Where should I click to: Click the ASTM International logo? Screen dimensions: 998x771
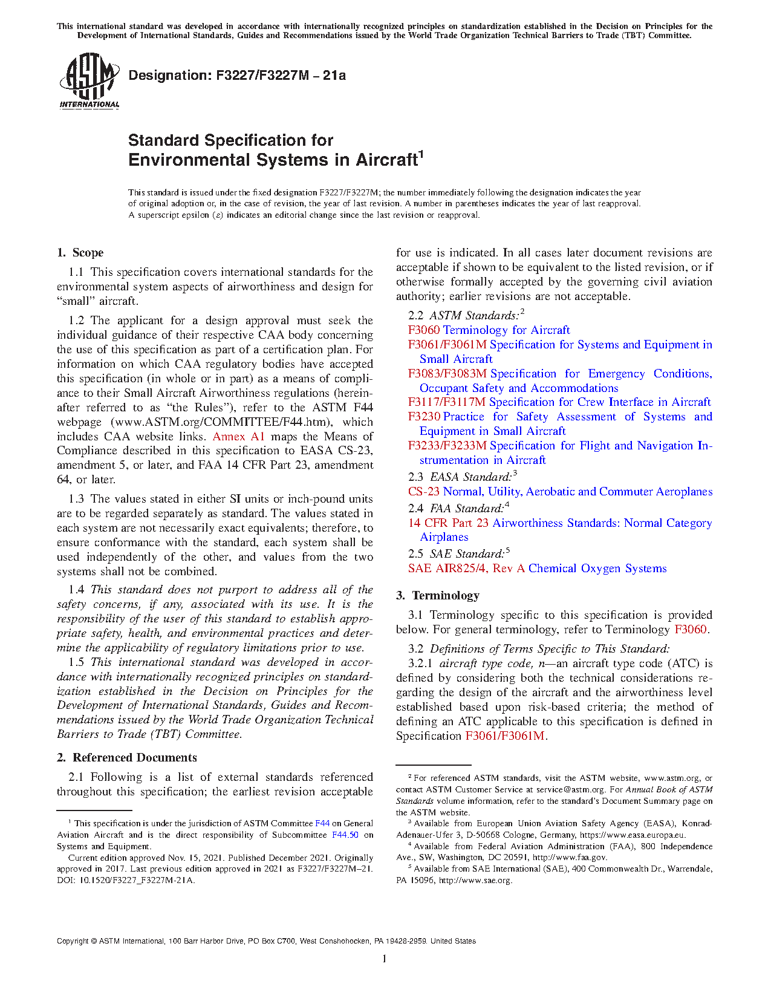[89, 80]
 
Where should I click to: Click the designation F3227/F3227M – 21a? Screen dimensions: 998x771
[237, 76]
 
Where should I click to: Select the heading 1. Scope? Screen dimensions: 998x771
[80, 253]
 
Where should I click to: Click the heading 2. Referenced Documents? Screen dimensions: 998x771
[127, 758]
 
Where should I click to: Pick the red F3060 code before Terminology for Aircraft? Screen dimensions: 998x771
[424, 330]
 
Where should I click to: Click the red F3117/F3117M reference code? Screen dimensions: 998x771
[447, 402]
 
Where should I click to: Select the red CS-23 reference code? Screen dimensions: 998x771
[424, 492]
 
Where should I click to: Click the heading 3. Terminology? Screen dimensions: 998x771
[438, 596]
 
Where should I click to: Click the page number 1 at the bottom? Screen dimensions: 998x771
[385, 959]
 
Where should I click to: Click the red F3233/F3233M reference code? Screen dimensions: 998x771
[447, 446]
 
